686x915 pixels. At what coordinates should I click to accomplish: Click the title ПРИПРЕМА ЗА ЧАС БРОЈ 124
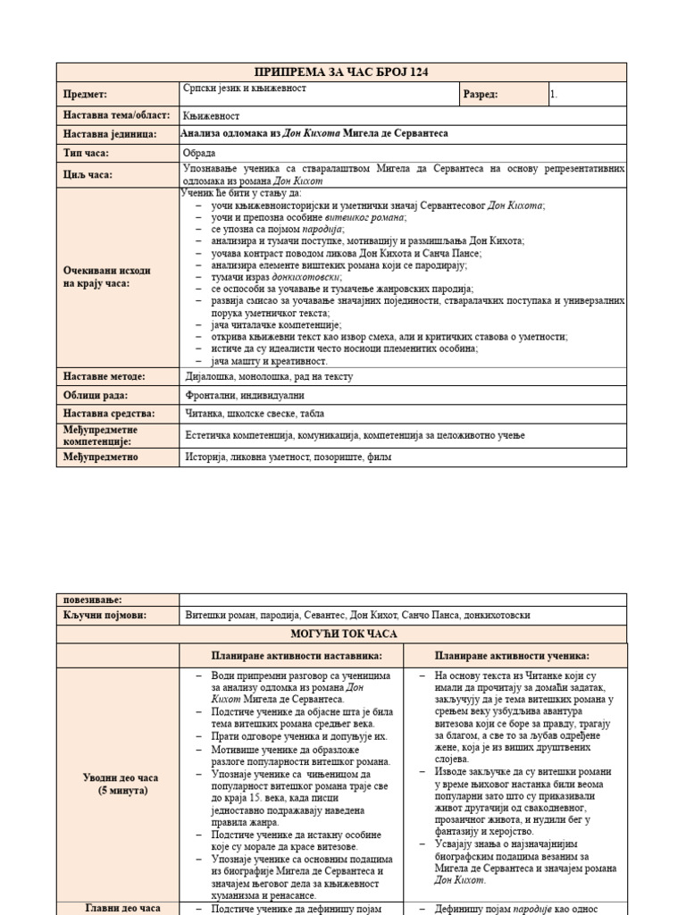(341, 72)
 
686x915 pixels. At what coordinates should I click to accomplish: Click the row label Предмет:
(86, 94)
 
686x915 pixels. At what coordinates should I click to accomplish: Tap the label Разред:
(481, 94)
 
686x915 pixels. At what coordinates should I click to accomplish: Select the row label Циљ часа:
(88, 174)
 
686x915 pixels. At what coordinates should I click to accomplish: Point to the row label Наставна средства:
(109, 414)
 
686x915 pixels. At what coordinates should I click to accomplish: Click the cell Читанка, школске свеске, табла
(255, 414)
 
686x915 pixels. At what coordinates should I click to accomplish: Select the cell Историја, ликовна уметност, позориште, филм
(288, 457)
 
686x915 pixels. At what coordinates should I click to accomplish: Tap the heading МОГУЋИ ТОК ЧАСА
(341, 634)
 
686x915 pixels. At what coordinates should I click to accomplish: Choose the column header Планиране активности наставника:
(291, 655)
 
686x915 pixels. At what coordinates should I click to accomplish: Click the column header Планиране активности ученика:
(512, 655)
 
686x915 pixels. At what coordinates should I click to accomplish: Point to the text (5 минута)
(118, 791)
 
